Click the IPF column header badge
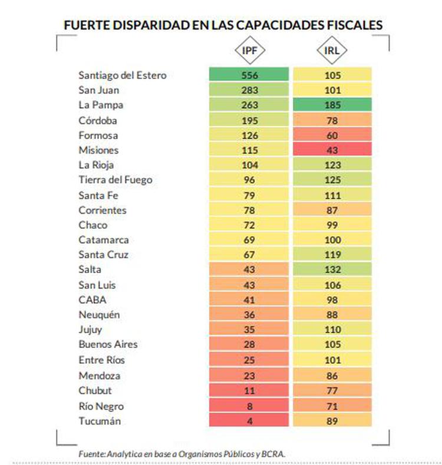coord(249,50)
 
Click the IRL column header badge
coord(332,50)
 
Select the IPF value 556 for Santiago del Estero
coord(249,75)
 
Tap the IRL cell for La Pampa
coord(332,105)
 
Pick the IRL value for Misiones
coord(332,150)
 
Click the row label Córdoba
coord(98,120)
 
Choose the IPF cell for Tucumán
coord(249,420)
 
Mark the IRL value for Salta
coord(332,270)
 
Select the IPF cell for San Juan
coord(249,90)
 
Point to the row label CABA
coord(93,300)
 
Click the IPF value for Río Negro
coord(249,406)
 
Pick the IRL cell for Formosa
coord(332,135)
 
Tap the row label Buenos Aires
coord(108,344)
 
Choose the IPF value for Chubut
coord(249,390)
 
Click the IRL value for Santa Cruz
coord(332,255)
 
